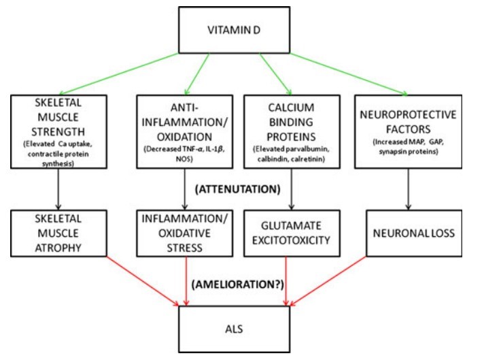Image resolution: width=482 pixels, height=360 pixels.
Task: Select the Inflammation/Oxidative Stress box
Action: tap(186, 233)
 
